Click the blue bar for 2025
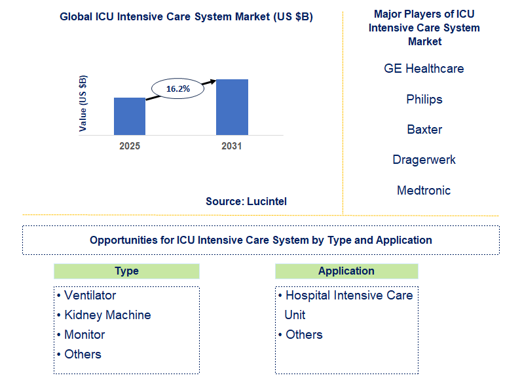tap(130, 116)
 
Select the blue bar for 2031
tap(232, 107)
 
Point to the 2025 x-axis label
tap(130, 146)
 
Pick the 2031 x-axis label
tap(232, 146)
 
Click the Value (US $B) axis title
tap(83, 104)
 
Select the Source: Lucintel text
tap(246, 202)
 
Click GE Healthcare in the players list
tap(424, 69)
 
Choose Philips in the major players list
tap(424, 100)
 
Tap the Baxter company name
tap(424, 130)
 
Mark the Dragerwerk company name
tap(424, 160)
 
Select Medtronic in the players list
tap(424, 191)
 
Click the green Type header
tap(126, 271)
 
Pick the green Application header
tap(346, 271)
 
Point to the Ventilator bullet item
tap(90, 296)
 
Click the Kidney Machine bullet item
tap(107, 315)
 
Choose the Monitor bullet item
tap(84, 335)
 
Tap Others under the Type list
tap(83, 355)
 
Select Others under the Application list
tap(304, 335)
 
